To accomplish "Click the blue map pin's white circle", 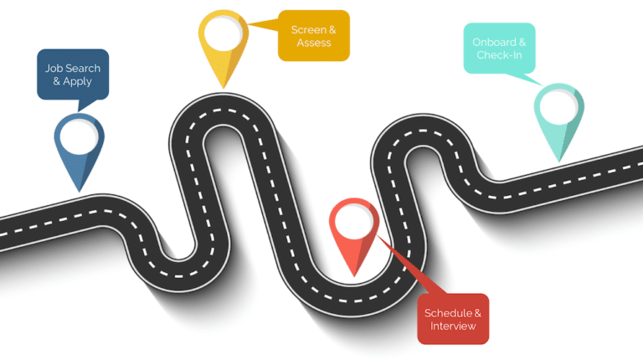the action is tap(80, 137).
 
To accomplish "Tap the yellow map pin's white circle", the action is tap(224, 33).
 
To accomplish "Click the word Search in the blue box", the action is tap(84, 68).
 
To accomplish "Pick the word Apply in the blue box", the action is tap(77, 81).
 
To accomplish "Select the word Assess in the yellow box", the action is tap(314, 43).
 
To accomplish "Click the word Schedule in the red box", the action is tap(448, 313).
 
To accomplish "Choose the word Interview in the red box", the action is tap(453, 327).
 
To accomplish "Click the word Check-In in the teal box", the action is tap(499, 55).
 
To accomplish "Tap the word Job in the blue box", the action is tap(54, 68).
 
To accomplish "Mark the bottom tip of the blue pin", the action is tap(80, 192).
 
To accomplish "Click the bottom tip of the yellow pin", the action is tap(224, 88).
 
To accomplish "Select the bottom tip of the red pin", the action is tap(354, 276).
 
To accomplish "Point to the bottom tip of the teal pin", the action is tap(559, 162).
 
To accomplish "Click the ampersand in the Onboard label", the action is tap(522, 42).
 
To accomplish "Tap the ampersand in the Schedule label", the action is tap(478, 313).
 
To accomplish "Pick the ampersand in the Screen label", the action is tap(332, 30).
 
